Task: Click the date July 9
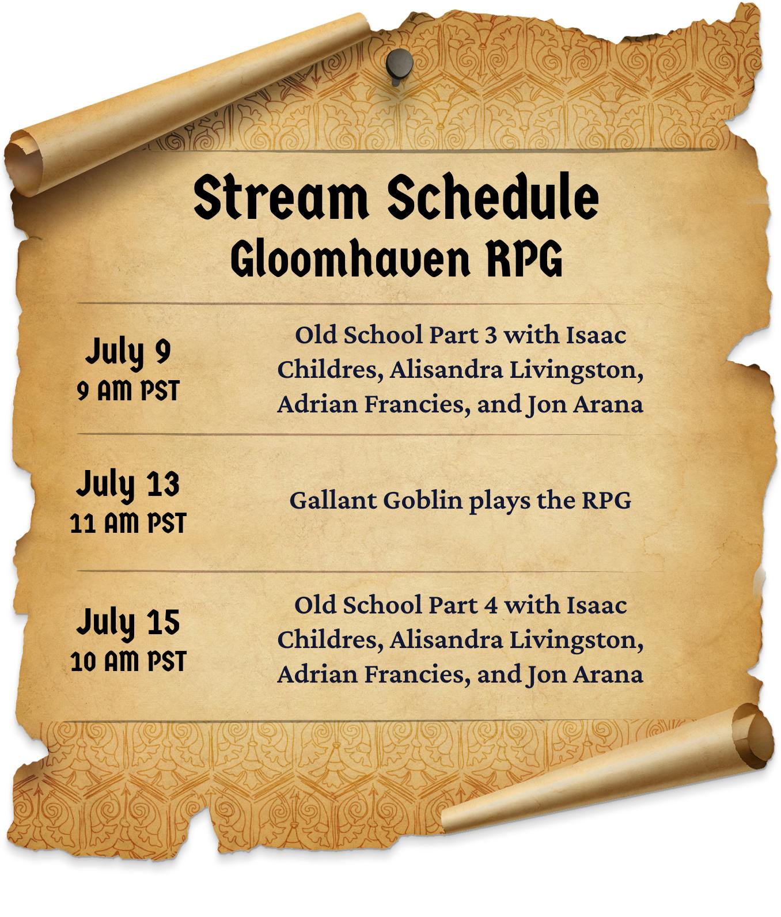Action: [x=128, y=352]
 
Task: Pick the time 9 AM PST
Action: [x=128, y=391]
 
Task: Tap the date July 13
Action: [x=128, y=484]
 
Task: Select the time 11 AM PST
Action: [x=128, y=524]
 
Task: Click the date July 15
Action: [x=128, y=623]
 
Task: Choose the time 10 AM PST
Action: [x=128, y=661]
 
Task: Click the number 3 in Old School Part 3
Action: [x=490, y=335]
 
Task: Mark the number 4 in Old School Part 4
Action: [x=490, y=605]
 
